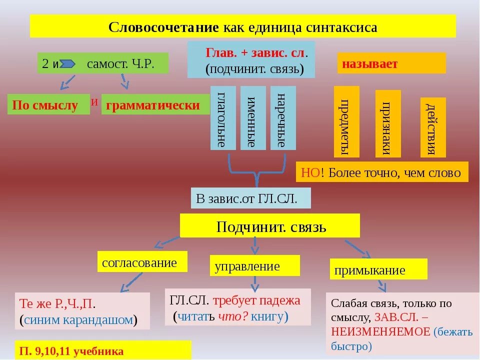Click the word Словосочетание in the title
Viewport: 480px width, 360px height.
[x=164, y=27]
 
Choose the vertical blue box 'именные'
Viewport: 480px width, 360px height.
[x=253, y=118]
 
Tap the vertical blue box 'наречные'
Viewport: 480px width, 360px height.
[x=283, y=118]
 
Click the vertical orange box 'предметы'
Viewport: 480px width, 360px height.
[x=346, y=122]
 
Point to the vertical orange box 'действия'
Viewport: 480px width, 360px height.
[x=432, y=127]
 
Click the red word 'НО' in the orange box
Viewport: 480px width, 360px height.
[x=310, y=173]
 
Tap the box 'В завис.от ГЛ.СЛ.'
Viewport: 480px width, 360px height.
[x=250, y=198]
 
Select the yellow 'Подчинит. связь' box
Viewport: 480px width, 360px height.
[x=270, y=226]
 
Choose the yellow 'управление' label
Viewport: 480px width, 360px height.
[x=254, y=266]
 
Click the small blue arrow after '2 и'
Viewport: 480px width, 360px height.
[x=68, y=64]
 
